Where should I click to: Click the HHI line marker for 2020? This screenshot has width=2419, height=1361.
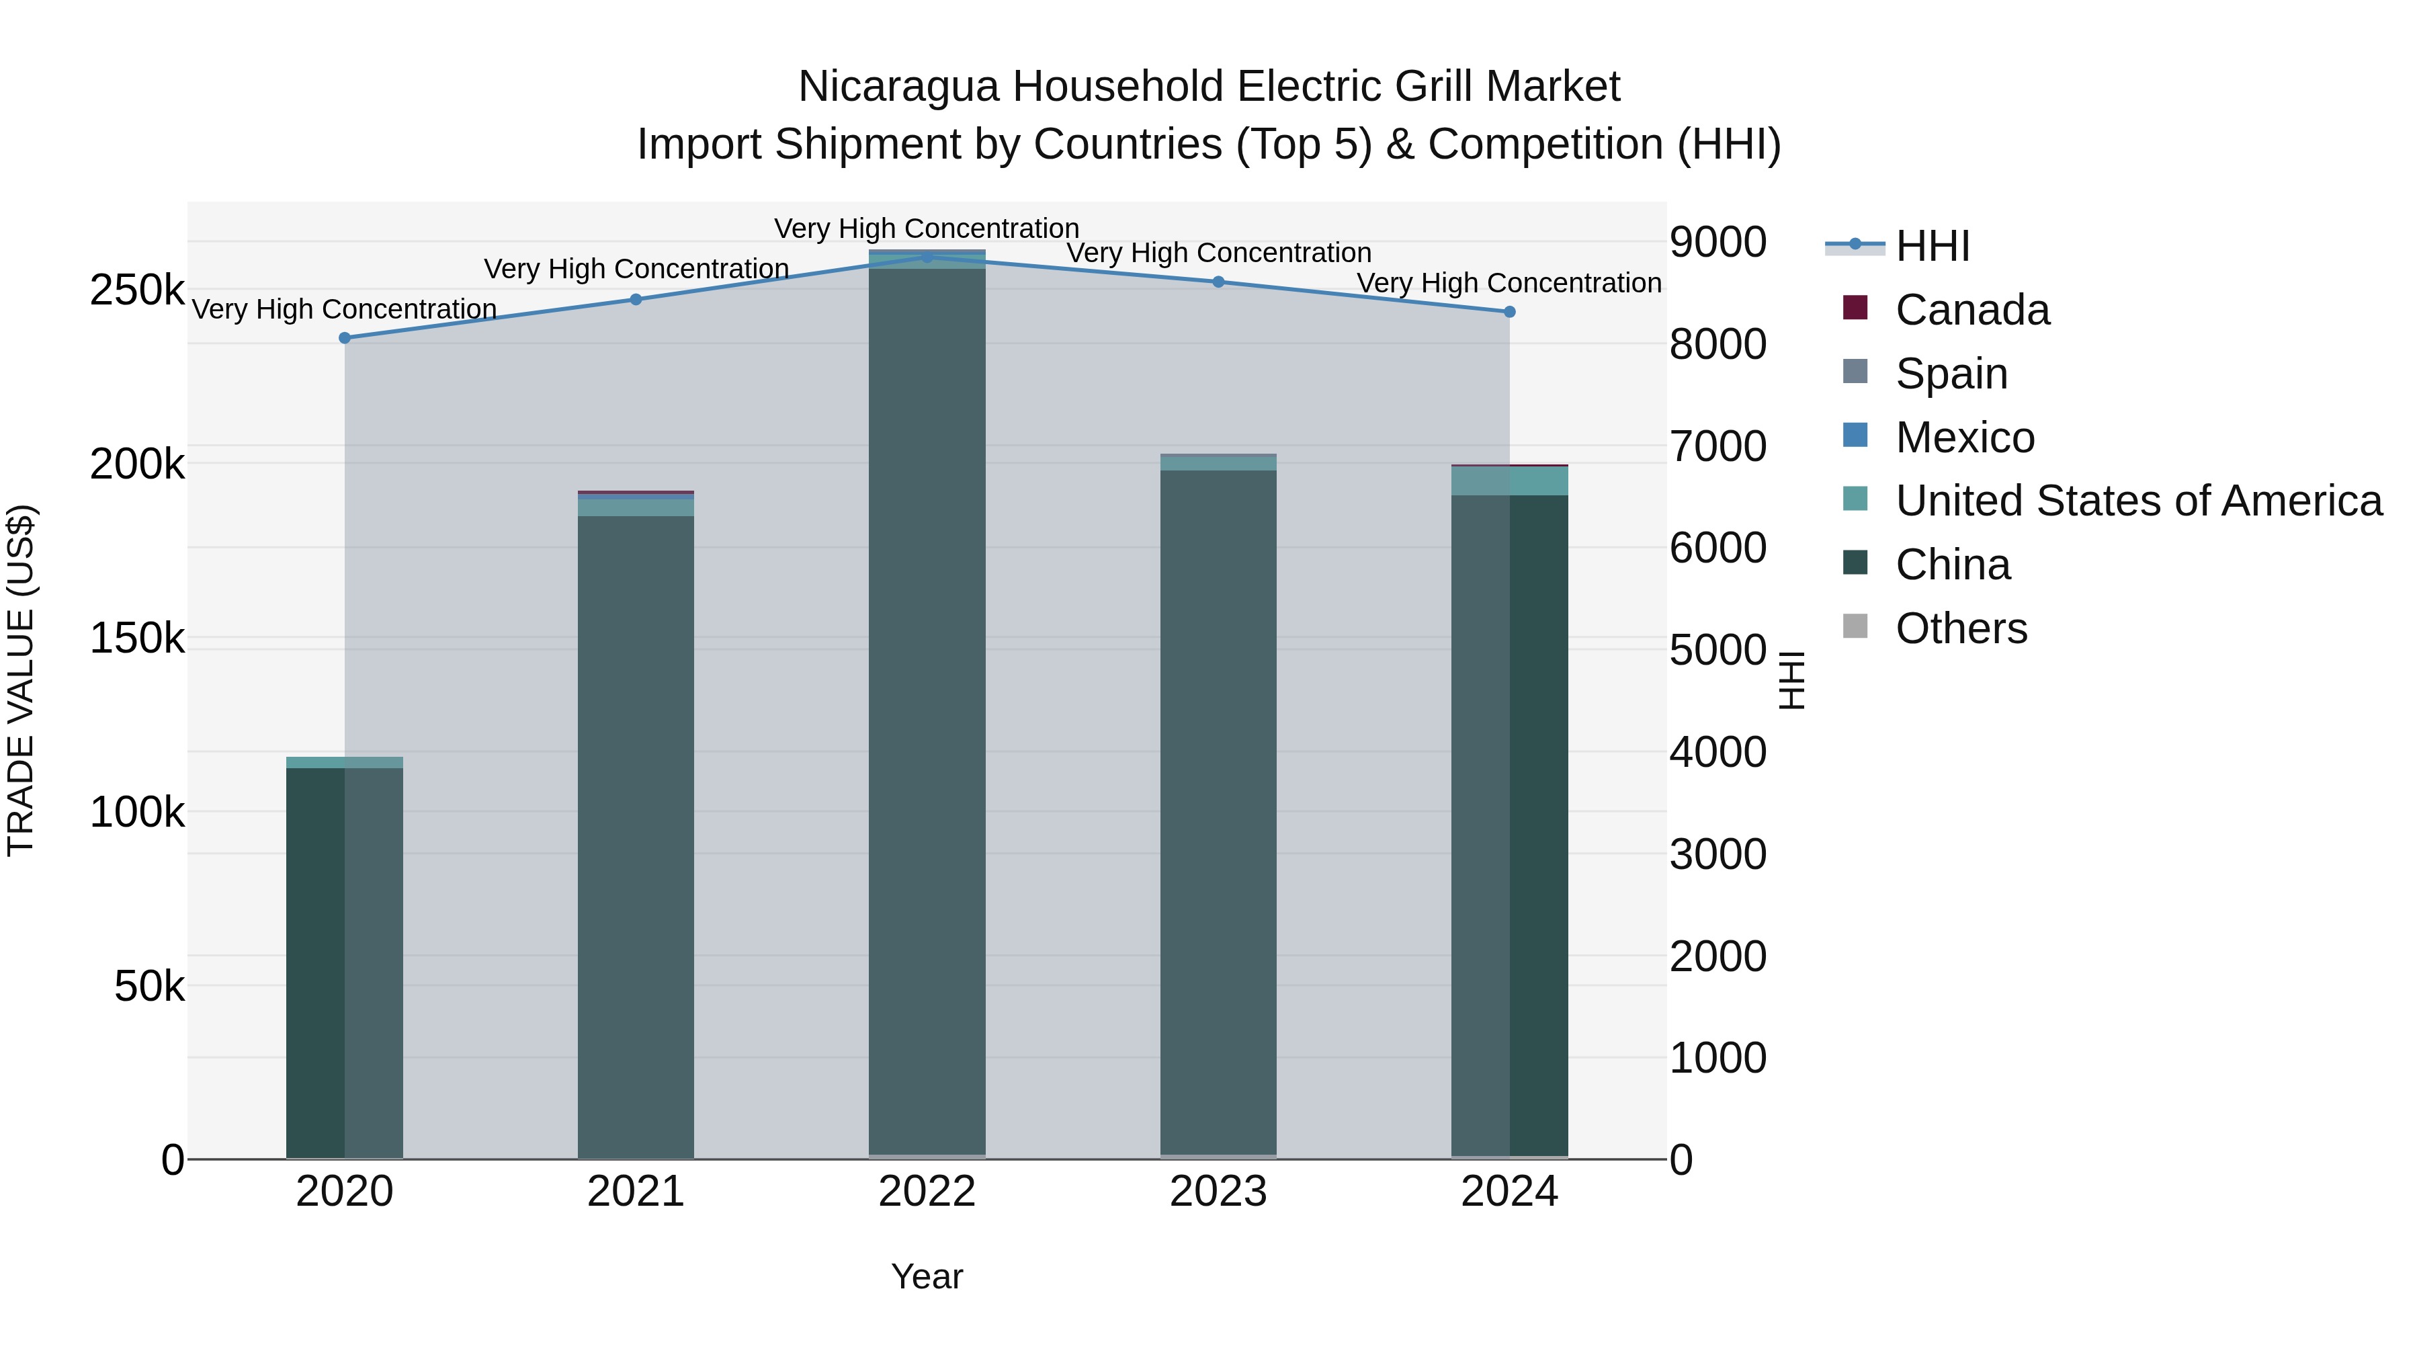click(345, 338)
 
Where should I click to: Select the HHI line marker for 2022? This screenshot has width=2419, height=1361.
click(927, 257)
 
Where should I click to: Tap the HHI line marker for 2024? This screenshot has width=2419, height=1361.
click(1509, 312)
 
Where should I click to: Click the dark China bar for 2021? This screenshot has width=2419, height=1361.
click(636, 836)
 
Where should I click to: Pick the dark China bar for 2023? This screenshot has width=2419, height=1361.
click(1218, 813)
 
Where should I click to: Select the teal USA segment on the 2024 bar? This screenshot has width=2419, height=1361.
click(1509, 482)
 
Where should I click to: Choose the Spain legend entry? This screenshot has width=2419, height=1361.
click(1951, 374)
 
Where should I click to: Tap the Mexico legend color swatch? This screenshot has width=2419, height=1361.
click(1855, 436)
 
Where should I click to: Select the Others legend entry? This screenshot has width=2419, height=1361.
click(1961, 628)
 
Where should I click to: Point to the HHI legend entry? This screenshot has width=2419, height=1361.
click(1932, 246)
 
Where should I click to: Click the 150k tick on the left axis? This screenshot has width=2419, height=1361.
click(137, 638)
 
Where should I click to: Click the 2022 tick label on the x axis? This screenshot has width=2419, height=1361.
click(927, 1192)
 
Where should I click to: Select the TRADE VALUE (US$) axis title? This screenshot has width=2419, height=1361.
click(21, 680)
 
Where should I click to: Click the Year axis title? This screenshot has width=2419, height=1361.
click(927, 1276)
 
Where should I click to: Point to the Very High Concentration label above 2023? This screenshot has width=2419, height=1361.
click(1218, 253)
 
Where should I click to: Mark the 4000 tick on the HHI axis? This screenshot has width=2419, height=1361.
click(1717, 752)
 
